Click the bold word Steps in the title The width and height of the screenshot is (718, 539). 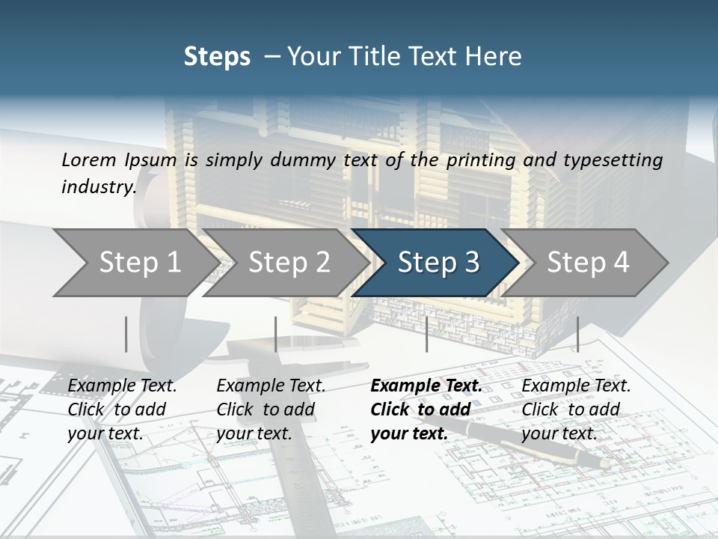point(217,56)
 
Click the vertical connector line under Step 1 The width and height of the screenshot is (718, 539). point(126,334)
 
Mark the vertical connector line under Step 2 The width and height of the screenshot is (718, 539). point(276,334)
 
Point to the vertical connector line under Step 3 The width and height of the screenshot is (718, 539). point(426,334)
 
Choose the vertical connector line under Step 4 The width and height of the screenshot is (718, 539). point(577,334)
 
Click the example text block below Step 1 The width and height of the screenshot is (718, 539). point(122,409)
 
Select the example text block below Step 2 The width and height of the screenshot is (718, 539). point(271,409)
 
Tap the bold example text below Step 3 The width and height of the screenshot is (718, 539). point(426,409)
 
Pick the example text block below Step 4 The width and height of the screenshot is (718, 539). point(576,409)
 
